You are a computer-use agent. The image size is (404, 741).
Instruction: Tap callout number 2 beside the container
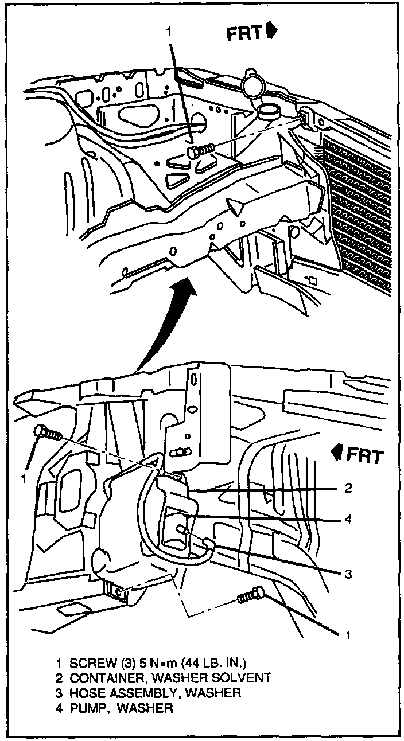click(x=348, y=489)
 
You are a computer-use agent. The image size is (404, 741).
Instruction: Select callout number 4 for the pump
click(x=348, y=520)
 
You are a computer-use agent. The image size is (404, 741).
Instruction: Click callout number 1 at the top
click(x=169, y=33)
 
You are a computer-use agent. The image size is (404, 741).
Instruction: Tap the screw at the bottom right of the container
click(x=251, y=596)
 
